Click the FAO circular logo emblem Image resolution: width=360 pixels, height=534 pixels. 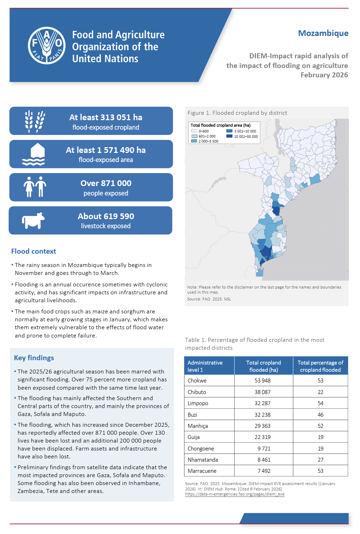point(47,46)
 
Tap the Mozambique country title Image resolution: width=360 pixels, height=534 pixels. point(323,33)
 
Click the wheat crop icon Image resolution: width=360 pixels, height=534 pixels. point(35,121)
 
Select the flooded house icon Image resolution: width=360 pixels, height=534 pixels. point(33,154)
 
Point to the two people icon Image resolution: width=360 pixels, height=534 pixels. point(35,187)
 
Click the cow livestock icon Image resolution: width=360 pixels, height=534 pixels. point(33,220)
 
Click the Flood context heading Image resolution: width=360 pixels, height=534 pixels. point(33,251)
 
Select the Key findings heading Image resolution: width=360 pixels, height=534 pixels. point(34,358)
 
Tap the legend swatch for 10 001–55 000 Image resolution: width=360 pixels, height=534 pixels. point(229,136)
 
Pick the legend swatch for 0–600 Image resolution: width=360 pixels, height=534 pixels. point(194,131)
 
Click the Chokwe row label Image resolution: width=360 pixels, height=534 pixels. point(197,381)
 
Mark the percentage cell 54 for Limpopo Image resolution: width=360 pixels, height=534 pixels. point(320,403)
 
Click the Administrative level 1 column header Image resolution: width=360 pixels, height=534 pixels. point(205,366)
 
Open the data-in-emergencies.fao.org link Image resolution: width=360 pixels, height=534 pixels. point(235,494)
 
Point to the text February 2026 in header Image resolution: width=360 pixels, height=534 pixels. point(324,75)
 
